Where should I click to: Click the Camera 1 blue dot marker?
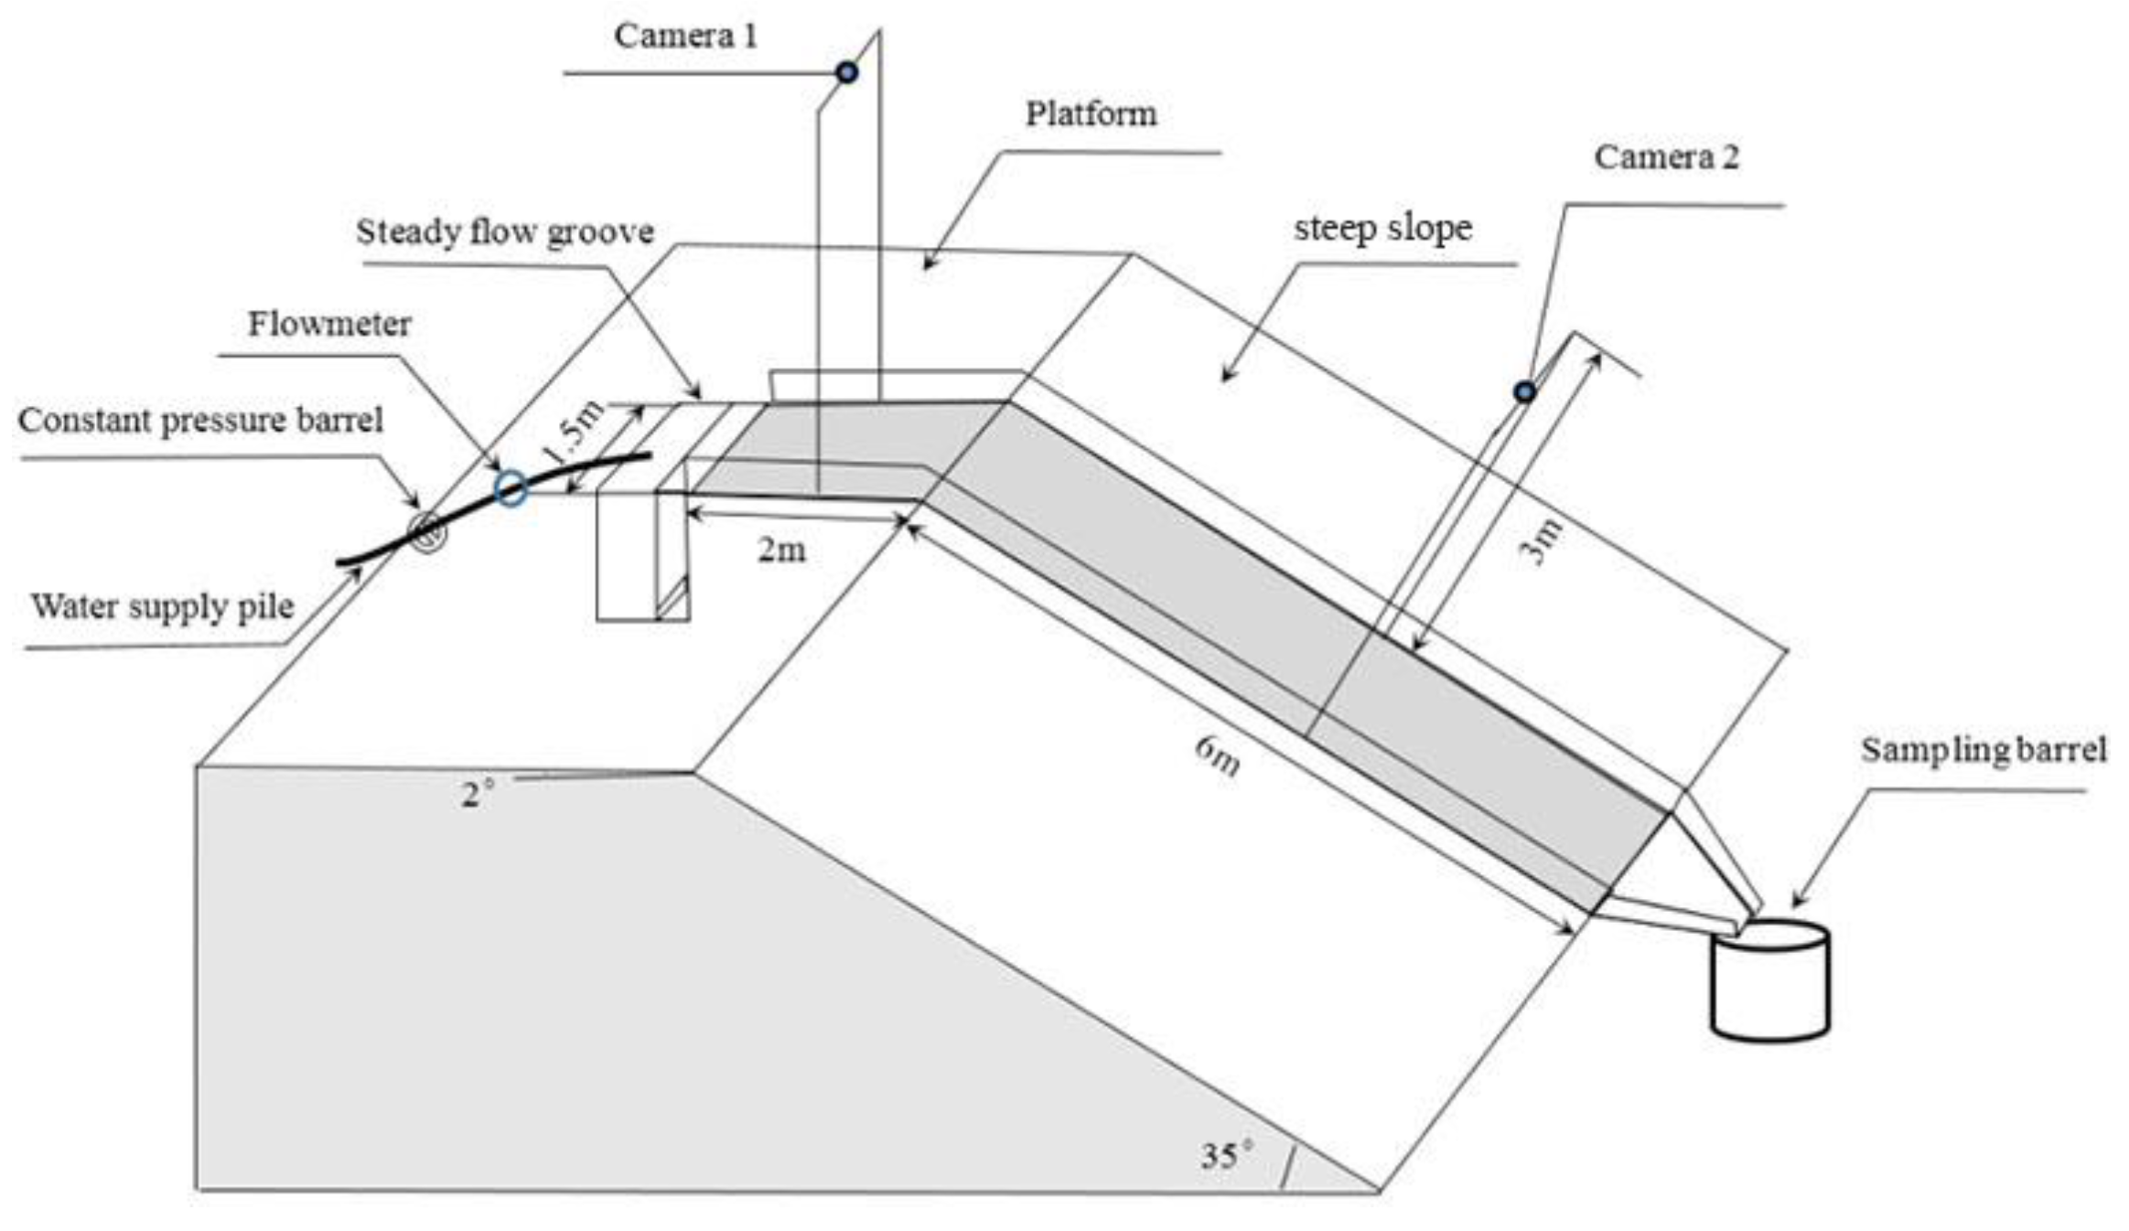point(847,71)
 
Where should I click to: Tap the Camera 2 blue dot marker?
point(1524,391)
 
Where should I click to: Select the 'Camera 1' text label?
point(685,37)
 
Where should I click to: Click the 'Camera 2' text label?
point(1666,157)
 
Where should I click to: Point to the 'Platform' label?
point(1091,114)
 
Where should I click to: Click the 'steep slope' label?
point(1382,228)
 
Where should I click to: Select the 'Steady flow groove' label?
point(505,232)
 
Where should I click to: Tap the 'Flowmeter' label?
point(329,324)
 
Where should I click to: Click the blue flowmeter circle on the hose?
point(511,488)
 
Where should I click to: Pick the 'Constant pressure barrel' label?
point(200,421)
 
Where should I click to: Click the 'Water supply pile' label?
point(163,606)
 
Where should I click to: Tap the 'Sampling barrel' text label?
point(1984,750)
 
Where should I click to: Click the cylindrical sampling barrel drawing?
point(1770,980)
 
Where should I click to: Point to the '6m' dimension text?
point(1218,755)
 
